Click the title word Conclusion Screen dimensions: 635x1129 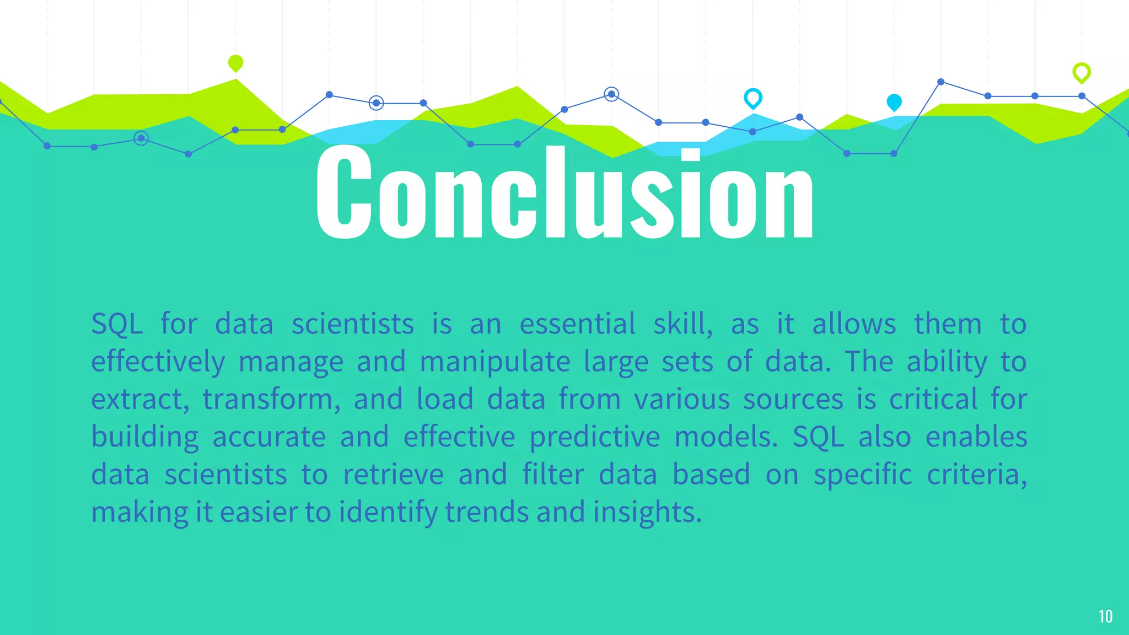(564, 193)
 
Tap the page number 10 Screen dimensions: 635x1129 (1105, 616)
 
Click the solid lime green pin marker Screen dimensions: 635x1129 (235, 63)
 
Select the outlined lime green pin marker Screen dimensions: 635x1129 (1081, 72)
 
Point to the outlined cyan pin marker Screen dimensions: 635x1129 (752, 98)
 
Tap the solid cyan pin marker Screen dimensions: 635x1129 (894, 102)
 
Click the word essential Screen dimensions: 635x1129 (577, 324)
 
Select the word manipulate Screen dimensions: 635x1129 (494, 363)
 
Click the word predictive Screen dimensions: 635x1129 (595, 438)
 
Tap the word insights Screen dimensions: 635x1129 (647, 513)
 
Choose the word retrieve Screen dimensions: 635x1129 (393, 475)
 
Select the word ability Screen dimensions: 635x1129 (947, 363)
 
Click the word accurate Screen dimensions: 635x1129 (269, 438)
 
